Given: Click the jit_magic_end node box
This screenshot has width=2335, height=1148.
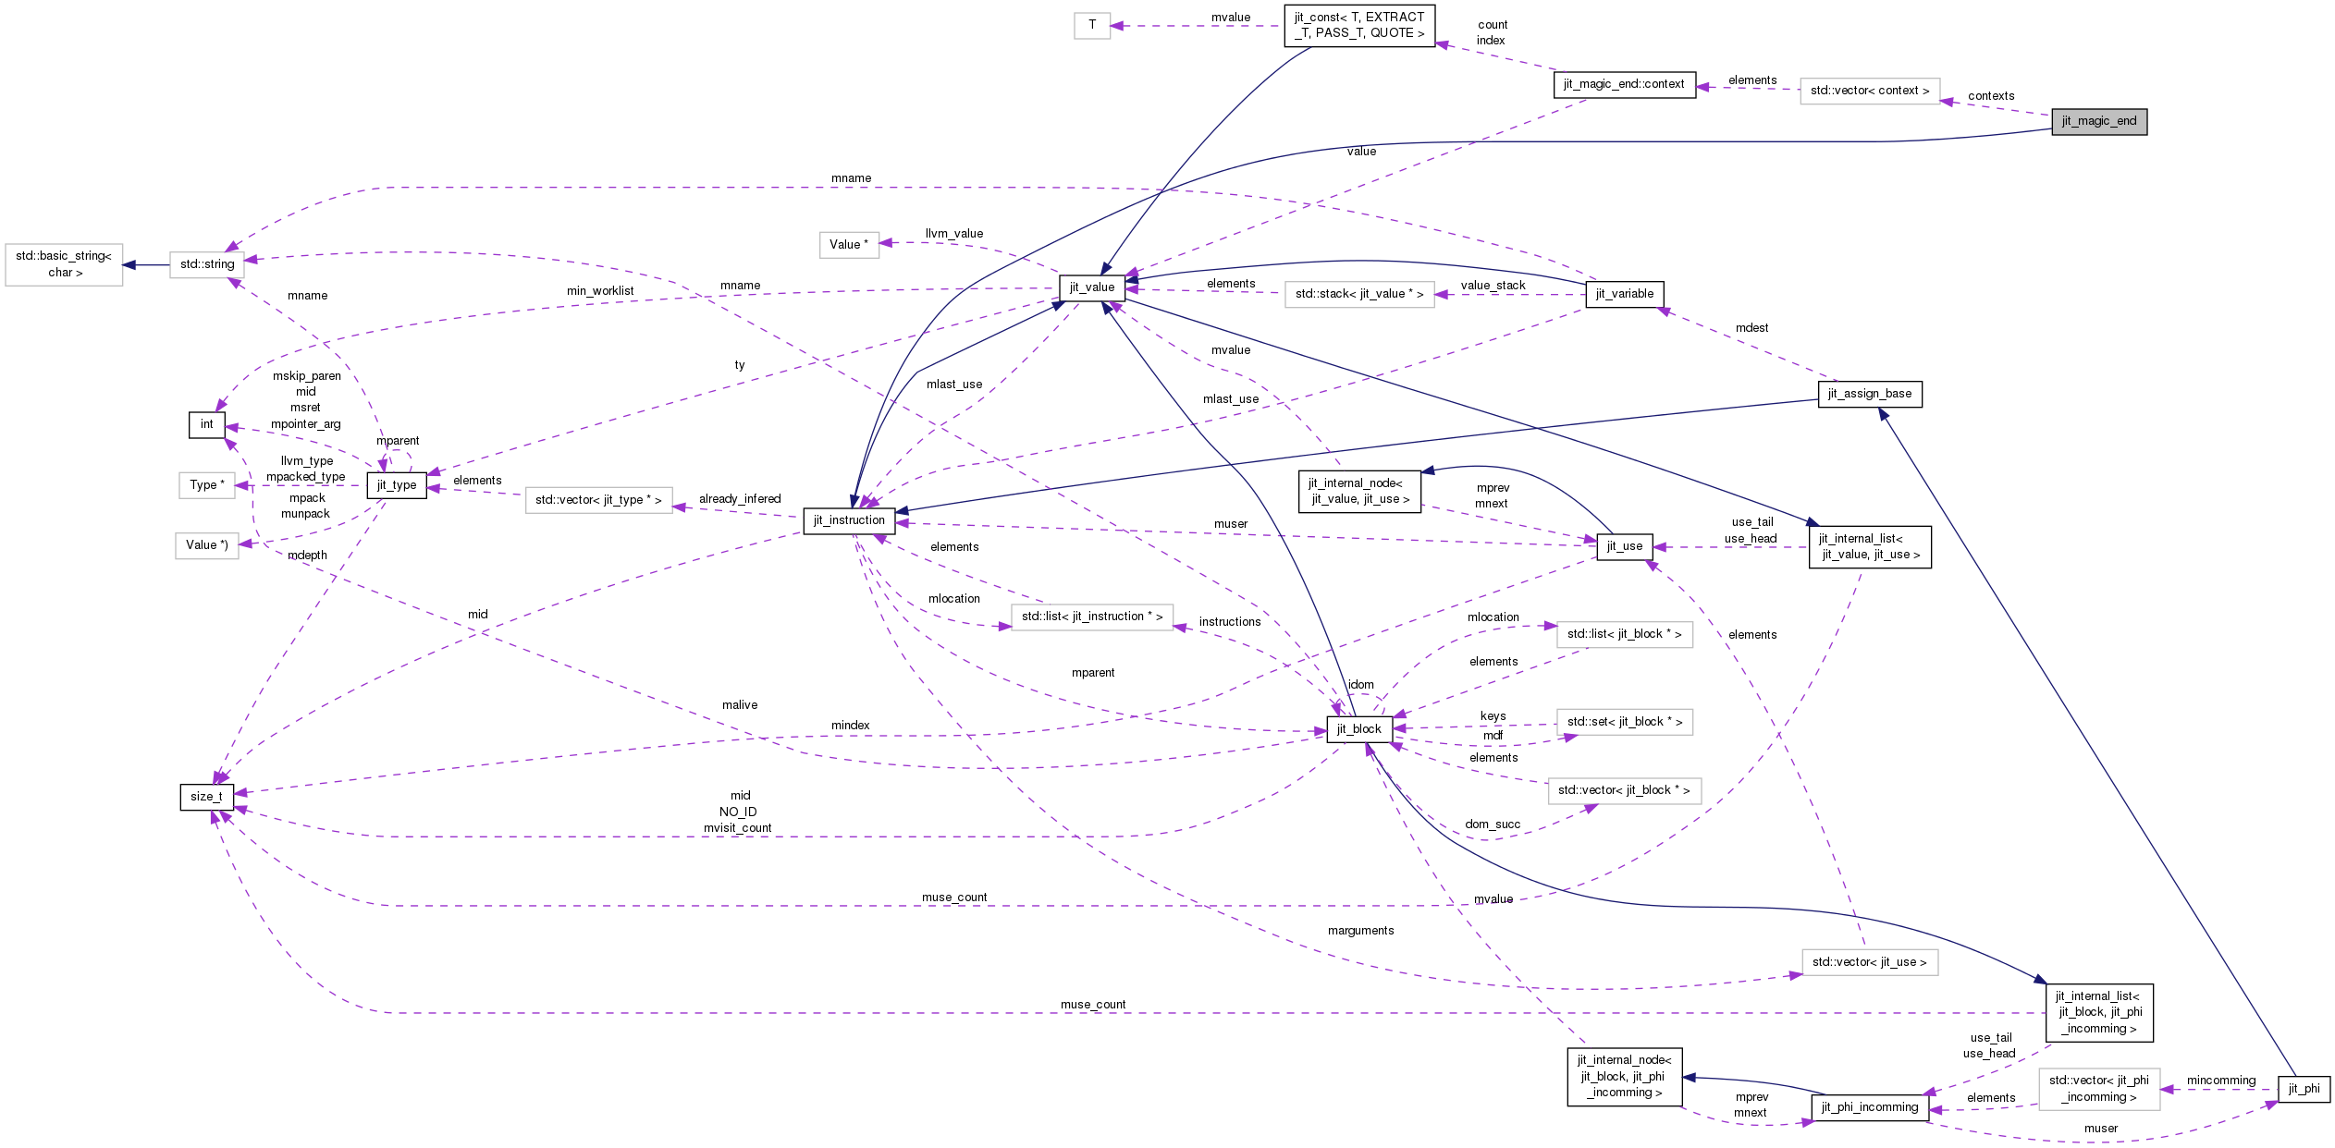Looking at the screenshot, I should pos(2098,121).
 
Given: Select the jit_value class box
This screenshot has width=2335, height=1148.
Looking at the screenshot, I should pos(1091,287).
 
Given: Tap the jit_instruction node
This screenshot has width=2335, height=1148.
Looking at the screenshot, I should pos(849,520).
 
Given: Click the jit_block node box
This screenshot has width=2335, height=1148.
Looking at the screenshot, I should pos(1358,729).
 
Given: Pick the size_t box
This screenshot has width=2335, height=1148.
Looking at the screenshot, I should pos(206,797).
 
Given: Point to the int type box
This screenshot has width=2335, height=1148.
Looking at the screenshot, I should pos(206,424).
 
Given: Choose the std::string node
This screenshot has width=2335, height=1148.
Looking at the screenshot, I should pos(206,264).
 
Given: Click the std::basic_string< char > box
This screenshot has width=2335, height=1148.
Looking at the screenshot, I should pos(64,264).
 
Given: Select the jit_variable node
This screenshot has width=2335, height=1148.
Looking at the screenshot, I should pos(1624,294).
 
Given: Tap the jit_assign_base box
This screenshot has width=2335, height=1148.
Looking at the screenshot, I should pos(1869,394).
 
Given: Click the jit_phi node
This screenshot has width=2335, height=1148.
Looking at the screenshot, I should pos(2303,1089).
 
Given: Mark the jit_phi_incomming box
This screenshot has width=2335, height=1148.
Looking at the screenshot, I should pos(1869,1107).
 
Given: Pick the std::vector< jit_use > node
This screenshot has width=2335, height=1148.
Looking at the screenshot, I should pos(1869,962).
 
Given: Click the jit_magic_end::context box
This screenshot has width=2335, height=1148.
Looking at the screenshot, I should pos(1623,84).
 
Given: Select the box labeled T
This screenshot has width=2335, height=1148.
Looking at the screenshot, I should pos(1091,25).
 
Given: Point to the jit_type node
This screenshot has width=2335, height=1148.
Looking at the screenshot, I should pos(397,485).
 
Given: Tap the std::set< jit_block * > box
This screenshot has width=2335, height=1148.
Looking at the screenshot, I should pos(1624,722).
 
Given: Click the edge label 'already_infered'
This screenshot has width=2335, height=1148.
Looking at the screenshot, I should pos(740,499).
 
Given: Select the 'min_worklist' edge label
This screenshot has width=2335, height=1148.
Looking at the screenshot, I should pos(600,291).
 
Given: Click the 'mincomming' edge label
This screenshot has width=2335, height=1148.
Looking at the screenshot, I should pos(2220,1081).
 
